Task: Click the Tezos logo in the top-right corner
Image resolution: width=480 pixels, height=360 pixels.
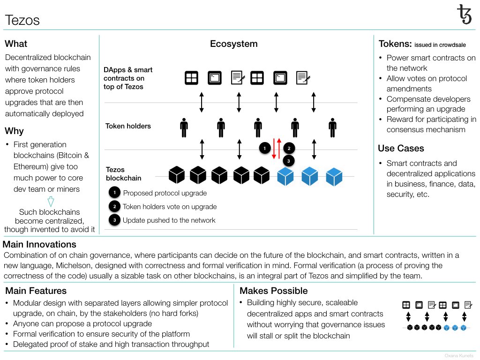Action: point(465,15)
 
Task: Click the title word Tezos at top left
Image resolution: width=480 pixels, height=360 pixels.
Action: point(22,20)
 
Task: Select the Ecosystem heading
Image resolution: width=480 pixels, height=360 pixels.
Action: point(233,44)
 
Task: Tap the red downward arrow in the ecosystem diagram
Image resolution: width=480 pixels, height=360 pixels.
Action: point(274,149)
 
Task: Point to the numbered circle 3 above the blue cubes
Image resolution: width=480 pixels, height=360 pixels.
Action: point(288,161)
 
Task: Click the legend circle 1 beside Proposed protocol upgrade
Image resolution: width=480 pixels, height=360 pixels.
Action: point(114,193)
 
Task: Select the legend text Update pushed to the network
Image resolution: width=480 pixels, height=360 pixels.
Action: point(169,220)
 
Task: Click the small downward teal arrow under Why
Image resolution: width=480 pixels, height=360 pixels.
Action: point(51,202)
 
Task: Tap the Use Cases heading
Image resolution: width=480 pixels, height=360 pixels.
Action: point(401,149)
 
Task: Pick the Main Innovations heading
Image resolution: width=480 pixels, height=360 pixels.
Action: point(39,244)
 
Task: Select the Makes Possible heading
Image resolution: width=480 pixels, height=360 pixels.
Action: point(274,291)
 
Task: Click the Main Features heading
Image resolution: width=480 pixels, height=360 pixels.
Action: point(36,291)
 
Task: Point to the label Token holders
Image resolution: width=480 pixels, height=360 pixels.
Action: point(128,126)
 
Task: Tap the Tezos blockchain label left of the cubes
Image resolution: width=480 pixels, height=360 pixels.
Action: point(124,174)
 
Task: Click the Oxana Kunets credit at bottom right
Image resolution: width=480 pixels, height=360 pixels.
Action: point(459,356)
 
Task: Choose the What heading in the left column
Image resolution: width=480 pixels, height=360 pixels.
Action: point(16,44)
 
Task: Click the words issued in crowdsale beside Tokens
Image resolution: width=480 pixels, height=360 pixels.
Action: point(440,45)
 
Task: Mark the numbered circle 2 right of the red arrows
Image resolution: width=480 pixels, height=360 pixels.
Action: point(289,149)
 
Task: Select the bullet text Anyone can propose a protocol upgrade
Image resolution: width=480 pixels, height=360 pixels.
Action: point(82,323)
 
